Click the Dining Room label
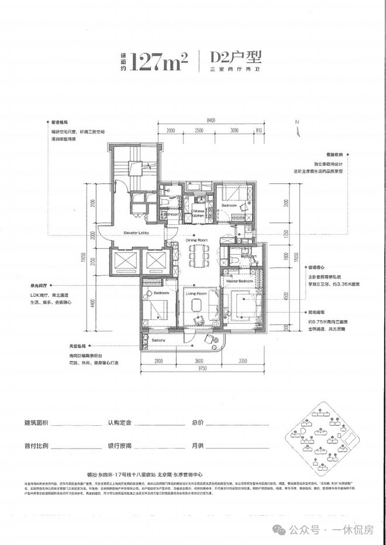[197, 240]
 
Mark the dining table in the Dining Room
[197, 255]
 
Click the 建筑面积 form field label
[36, 422]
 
